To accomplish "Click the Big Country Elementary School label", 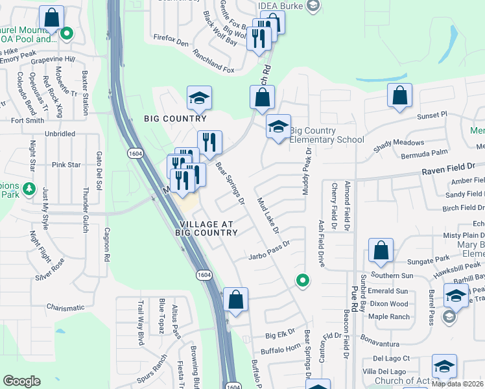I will (327, 135).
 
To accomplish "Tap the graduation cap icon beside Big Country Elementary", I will (278, 126).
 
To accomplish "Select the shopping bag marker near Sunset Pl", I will (400, 95).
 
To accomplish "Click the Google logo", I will (21, 381).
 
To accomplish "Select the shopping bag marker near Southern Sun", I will (381, 250).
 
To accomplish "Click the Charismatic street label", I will (65, 307).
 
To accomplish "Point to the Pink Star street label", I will (66, 165).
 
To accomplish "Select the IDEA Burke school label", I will (281, 6).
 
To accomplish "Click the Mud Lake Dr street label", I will (267, 216).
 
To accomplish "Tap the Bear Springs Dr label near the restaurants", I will (231, 184).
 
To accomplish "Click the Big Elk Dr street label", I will (280, 336).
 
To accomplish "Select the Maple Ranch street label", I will (389, 316).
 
